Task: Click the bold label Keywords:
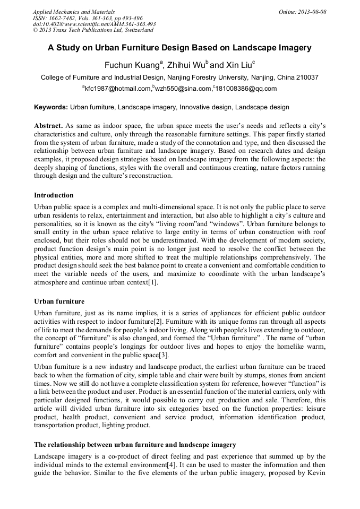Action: coord(51,107)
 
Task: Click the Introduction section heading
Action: coord(54,195)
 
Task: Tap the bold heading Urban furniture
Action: coord(59,301)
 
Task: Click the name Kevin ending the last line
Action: coord(315,472)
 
